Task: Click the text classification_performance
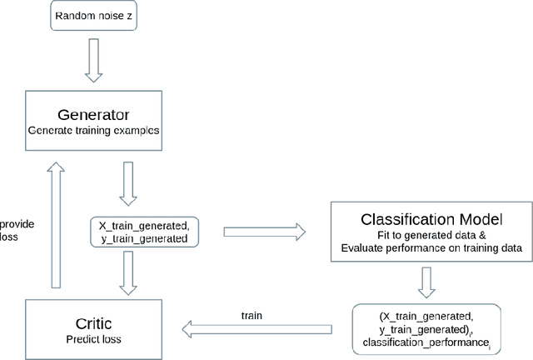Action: click(x=414, y=342)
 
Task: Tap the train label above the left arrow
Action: click(x=252, y=317)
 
